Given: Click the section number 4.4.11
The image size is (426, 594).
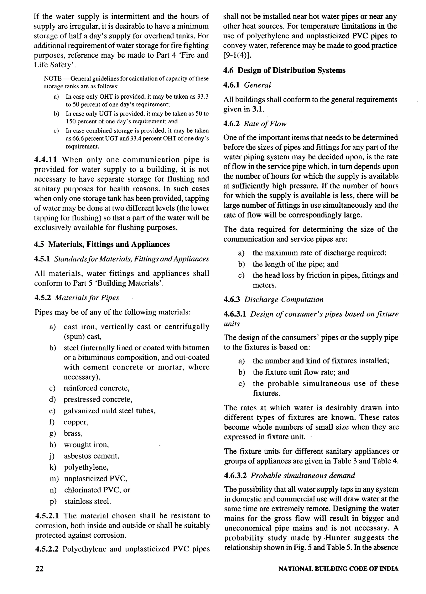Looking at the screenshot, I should click(45, 160).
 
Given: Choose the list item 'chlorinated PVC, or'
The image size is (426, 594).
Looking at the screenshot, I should click(97, 490).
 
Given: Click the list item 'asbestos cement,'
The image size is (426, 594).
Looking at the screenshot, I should click(91, 456).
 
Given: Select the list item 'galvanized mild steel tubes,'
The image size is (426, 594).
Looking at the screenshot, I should click(109, 411).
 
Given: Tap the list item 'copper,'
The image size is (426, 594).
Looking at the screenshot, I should click(76, 422).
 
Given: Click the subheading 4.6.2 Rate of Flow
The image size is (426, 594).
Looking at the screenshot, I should click(255, 124).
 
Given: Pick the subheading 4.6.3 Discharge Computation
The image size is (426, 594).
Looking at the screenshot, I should click(273, 299).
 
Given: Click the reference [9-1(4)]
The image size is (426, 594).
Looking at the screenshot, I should click(237, 55).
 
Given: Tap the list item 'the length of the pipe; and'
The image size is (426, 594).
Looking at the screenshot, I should click(295, 264).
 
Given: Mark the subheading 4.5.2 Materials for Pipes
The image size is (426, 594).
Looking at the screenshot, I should click(77, 298).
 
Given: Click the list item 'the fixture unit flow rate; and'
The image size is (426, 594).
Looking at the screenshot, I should click(301, 372).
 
